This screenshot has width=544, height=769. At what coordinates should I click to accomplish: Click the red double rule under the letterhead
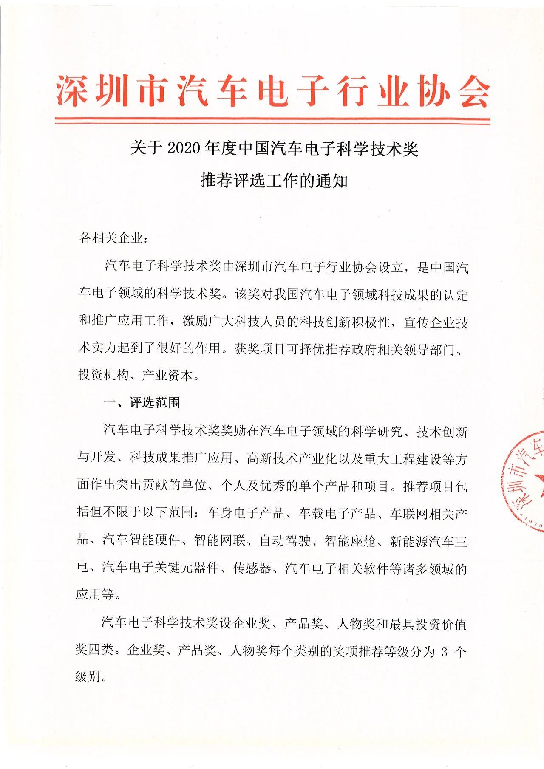click(272, 122)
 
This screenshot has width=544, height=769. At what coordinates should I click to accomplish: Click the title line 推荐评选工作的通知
click(274, 181)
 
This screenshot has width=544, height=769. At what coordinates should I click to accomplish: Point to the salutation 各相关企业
click(111, 238)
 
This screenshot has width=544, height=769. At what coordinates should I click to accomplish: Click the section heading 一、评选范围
click(142, 402)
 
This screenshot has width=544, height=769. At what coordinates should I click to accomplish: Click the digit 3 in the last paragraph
click(445, 652)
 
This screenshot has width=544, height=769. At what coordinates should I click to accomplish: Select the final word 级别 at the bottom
click(88, 676)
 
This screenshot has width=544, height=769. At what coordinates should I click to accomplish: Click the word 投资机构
click(104, 375)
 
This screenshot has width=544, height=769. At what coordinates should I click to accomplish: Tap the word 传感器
click(252, 568)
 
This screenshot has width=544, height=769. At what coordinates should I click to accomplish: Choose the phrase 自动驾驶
click(285, 540)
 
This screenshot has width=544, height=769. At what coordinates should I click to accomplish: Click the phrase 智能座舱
click(350, 540)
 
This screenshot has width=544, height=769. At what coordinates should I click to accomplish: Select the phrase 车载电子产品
click(337, 513)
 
